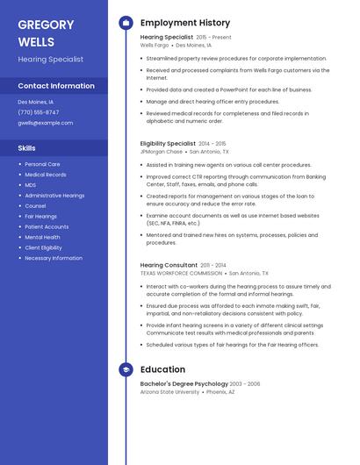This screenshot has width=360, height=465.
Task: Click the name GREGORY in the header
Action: tap(46, 25)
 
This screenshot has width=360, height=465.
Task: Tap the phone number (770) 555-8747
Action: tap(39, 112)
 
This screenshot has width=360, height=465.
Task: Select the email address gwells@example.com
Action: tap(45, 123)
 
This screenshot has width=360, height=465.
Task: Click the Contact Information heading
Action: tap(56, 86)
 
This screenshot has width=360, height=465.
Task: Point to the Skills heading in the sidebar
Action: tap(26, 148)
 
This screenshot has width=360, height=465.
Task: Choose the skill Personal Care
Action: tap(42, 164)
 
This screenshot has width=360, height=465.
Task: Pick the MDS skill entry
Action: tap(31, 185)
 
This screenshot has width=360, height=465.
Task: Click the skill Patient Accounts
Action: tap(47, 226)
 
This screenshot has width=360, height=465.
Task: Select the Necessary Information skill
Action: tap(54, 258)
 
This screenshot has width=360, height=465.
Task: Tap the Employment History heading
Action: tap(185, 23)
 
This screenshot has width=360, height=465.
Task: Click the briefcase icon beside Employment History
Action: tap(126, 23)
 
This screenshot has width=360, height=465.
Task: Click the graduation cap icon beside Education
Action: tap(126, 369)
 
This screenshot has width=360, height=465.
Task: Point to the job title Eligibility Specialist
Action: tap(168, 143)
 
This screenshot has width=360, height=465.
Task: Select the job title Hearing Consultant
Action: tap(169, 265)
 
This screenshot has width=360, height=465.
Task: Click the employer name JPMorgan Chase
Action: tap(162, 152)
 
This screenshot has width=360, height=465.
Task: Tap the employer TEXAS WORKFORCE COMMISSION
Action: tap(181, 273)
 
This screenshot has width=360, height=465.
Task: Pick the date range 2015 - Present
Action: tap(213, 38)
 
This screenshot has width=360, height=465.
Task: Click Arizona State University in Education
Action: tap(169, 392)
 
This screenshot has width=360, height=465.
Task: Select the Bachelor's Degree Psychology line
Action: tap(184, 383)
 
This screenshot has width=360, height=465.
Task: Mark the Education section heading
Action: tap(162, 369)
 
